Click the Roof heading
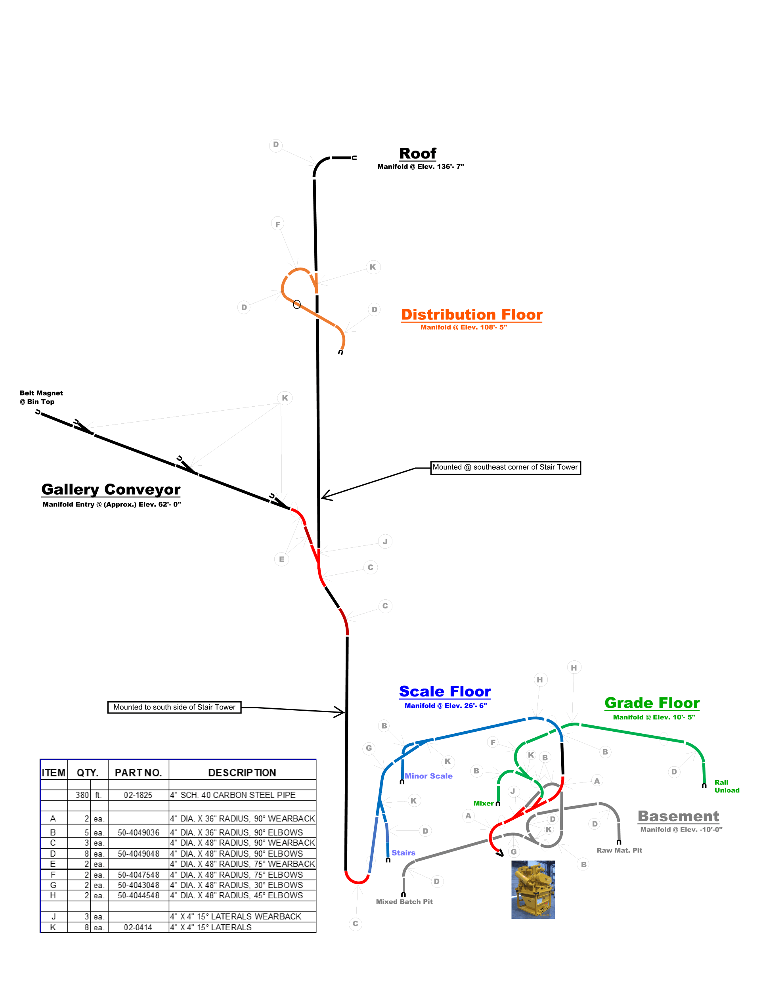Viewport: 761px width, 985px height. tap(417, 154)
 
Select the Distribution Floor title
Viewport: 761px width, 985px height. tap(471, 314)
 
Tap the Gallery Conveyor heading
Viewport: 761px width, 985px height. tap(111, 490)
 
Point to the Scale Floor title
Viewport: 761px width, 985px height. tap(445, 691)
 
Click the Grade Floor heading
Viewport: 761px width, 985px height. tap(652, 703)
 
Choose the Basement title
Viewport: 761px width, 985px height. tap(678, 816)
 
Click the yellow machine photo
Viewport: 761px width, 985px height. tap(533, 889)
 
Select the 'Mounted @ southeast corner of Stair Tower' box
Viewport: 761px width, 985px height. tap(505, 468)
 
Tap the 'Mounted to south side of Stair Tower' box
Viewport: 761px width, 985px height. tap(174, 707)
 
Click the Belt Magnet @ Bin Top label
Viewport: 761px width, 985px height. tap(41, 397)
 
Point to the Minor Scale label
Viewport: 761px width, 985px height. tap(428, 776)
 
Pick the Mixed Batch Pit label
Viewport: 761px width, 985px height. tap(404, 902)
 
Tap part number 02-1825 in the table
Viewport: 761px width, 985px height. tap(138, 795)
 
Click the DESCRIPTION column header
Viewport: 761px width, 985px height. tap(242, 773)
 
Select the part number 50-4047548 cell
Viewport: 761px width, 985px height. tap(138, 874)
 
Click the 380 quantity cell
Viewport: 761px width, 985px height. tap(82, 795)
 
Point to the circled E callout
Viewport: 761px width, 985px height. tap(281, 559)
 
